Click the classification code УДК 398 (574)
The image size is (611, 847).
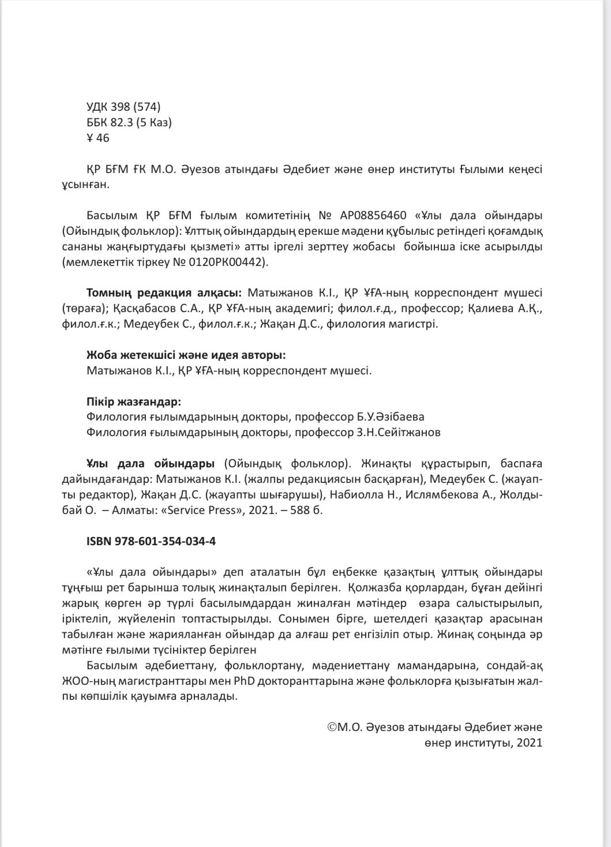click(123, 107)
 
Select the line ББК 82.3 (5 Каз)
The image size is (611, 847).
click(129, 122)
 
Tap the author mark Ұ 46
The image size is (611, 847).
click(98, 138)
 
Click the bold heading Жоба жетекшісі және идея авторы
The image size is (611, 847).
click(186, 355)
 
